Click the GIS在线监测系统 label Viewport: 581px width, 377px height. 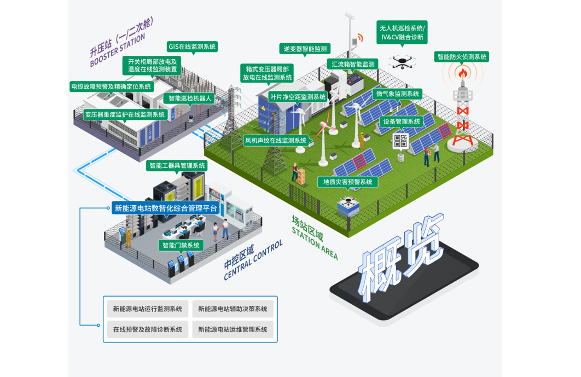click(192, 47)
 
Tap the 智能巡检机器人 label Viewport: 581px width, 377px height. click(189, 98)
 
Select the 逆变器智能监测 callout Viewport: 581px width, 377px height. click(305, 49)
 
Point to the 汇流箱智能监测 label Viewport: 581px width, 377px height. click(353, 64)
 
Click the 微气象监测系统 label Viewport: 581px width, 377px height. click(398, 94)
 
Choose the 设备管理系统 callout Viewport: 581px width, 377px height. click(402, 121)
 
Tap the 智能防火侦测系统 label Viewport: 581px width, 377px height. click(462, 57)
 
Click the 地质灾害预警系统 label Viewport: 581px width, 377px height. click(347, 182)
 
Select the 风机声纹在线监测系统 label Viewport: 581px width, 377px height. click(276, 141)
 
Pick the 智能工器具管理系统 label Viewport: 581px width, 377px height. click(177, 165)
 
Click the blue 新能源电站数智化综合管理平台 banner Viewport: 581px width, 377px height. click(166, 208)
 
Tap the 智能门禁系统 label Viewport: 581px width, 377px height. click(181, 245)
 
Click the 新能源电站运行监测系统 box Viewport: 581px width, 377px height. click(148, 309)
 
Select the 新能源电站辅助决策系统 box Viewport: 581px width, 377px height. click(233, 309)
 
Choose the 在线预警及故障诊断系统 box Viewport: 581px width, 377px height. click(148, 329)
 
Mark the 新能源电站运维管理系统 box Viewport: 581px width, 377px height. click(233, 329)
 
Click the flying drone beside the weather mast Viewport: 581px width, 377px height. click(402, 61)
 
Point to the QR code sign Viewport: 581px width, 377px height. click(400, 141)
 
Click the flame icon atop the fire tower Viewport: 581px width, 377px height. click(463, 73)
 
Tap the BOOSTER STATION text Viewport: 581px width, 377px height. click(118, 50)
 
